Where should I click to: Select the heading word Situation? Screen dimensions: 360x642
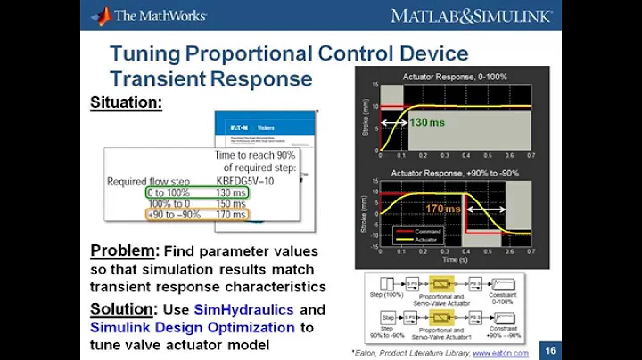click(126, 102)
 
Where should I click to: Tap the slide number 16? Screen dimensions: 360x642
click(550, 352)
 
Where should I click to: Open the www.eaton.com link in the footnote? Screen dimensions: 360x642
click(500, 353)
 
